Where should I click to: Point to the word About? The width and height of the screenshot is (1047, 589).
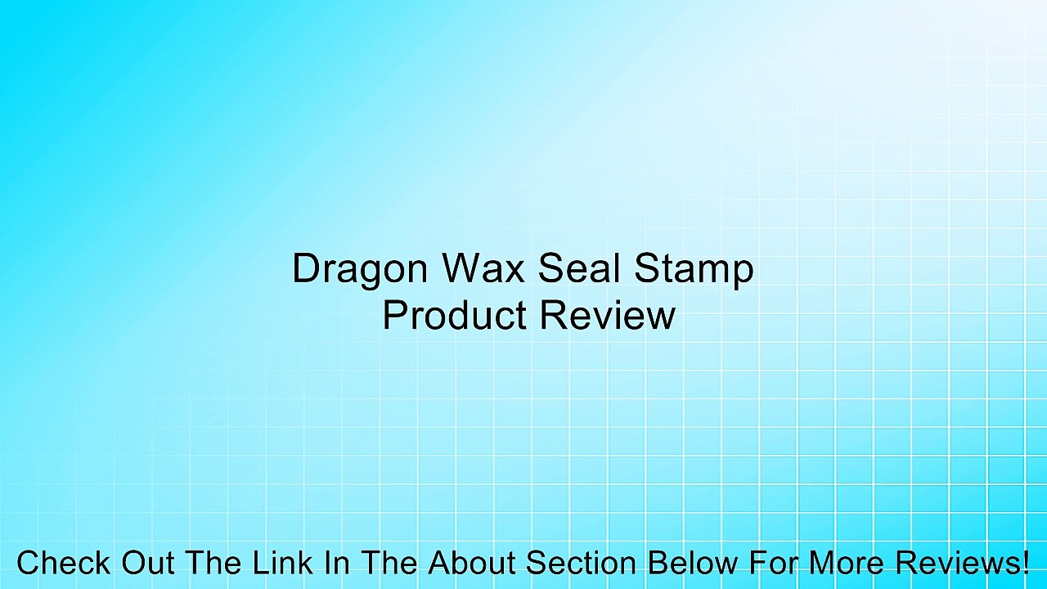[471, 564]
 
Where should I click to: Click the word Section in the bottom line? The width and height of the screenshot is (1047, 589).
[581, 564]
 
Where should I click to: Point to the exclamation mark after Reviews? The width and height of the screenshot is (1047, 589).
[1025, 564]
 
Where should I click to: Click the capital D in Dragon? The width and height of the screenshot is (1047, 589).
[304, 269]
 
